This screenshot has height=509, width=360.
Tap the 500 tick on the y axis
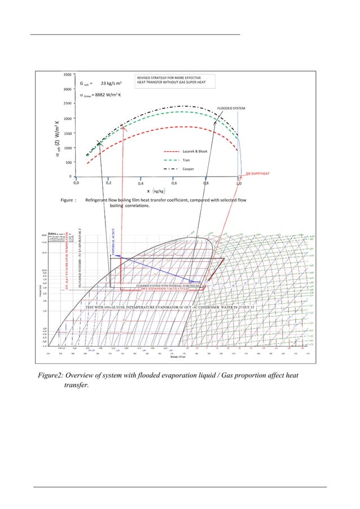click(x=68, y=163)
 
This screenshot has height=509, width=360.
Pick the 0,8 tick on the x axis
click(x=207, y=183)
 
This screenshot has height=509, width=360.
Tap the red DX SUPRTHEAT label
click(x=258, y=174)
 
